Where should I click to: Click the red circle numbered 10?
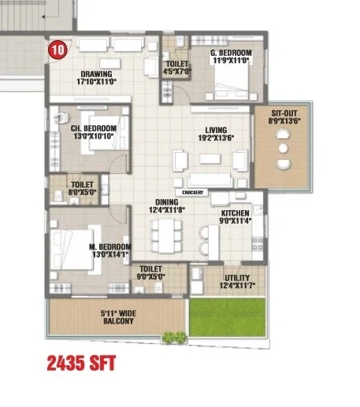click(58, 50)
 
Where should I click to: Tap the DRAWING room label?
click(96, 74)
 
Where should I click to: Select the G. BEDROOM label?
click(231, 53)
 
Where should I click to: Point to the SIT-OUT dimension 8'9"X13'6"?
click(284, 121)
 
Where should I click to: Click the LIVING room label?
click(216, 130)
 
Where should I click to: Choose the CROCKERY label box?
click(193, 192)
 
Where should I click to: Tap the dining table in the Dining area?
click(166, 235)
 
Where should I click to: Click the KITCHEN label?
click(236, 213)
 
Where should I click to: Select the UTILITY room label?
click(237, 278)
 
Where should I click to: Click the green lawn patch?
click(228, 317)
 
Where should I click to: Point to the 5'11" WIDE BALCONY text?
click(118, 317)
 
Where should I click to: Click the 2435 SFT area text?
click(81, 363)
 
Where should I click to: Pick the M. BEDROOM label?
click(110, 247)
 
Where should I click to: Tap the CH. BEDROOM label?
click(94, 128)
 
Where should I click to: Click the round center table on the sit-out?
click(283, 148)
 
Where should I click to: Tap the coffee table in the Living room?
click(210, 159)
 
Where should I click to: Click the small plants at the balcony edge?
click(174, 337)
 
